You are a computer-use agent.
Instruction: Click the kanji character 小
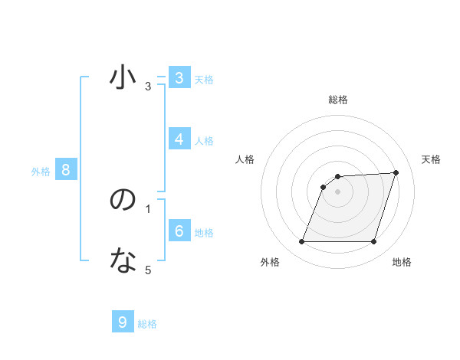(123, 77)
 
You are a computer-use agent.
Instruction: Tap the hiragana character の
(123, 201)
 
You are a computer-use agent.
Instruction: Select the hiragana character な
(123, 262)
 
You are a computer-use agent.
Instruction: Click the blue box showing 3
(179, 78)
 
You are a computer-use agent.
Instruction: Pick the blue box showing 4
(179, 139)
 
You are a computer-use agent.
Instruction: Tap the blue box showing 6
(179, 231)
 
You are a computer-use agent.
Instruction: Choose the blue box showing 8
(66, 170)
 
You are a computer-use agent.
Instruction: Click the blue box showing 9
(123, 322)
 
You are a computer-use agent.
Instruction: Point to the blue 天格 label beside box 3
(204, 80)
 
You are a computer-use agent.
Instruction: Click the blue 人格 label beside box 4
(204, 141)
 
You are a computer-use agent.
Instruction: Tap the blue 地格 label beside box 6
(204, 233)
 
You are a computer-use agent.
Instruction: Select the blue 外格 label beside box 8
(41, 172)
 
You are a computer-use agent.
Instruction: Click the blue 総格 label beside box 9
(147, 324)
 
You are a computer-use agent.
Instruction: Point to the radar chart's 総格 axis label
(338, 100)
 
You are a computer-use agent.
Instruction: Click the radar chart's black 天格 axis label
(431, 159)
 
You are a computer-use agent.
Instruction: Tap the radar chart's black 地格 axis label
(402, 262)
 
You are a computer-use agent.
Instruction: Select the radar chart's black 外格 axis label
(270, 262)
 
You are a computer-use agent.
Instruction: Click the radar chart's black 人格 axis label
(245, 159)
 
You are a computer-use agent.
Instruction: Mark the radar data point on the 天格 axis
(396, 172)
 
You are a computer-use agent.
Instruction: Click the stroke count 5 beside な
(148, 270)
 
